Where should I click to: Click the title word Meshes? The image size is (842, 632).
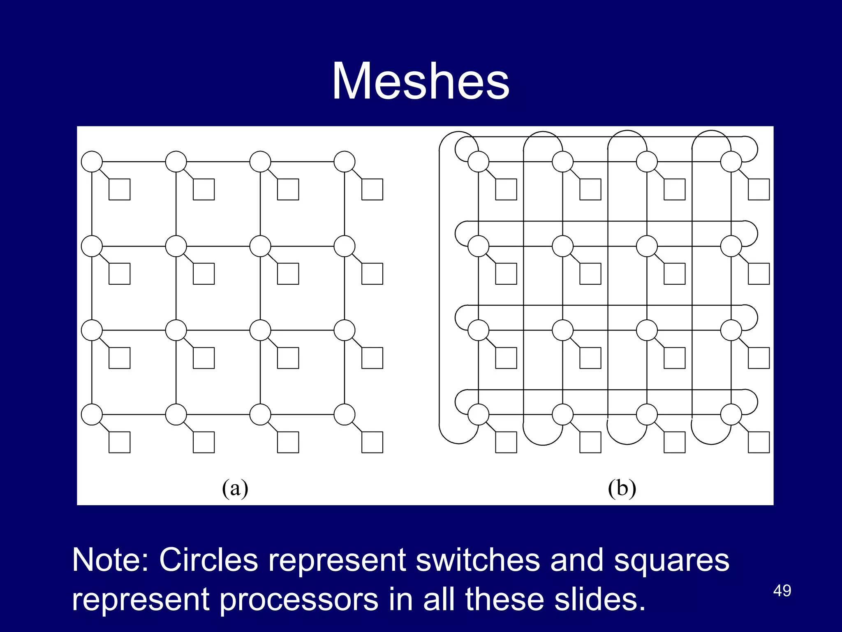(x=421, y=81)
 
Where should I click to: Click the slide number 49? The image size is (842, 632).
(x=782, y=591)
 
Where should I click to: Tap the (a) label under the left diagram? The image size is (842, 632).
(x=235, y=488)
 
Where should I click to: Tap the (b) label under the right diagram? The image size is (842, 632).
(x=622, y=488)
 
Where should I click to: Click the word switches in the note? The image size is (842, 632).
(x=477, y=560)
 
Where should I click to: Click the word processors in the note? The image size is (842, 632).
(x=298, y=599)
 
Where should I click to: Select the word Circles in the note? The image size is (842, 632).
(x=208, y=560)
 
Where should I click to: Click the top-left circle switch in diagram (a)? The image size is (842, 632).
(x=92, y=162)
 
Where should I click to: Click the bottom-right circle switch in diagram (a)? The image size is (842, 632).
(x=344, y=414)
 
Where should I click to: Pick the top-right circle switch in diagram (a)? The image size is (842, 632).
(x=344, y=162)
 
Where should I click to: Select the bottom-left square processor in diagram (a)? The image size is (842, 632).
(x=119, y=442)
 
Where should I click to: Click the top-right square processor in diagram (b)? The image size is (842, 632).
(x=759, y=189)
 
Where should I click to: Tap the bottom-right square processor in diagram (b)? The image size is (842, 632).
(x=759, y=442)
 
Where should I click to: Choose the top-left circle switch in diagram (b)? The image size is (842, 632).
(x=478, y=162)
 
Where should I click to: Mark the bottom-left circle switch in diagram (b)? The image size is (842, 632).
(x=478, y=414)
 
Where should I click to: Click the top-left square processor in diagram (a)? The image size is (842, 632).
(x=119, y=189)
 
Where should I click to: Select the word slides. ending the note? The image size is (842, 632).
(x=599, y=599)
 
